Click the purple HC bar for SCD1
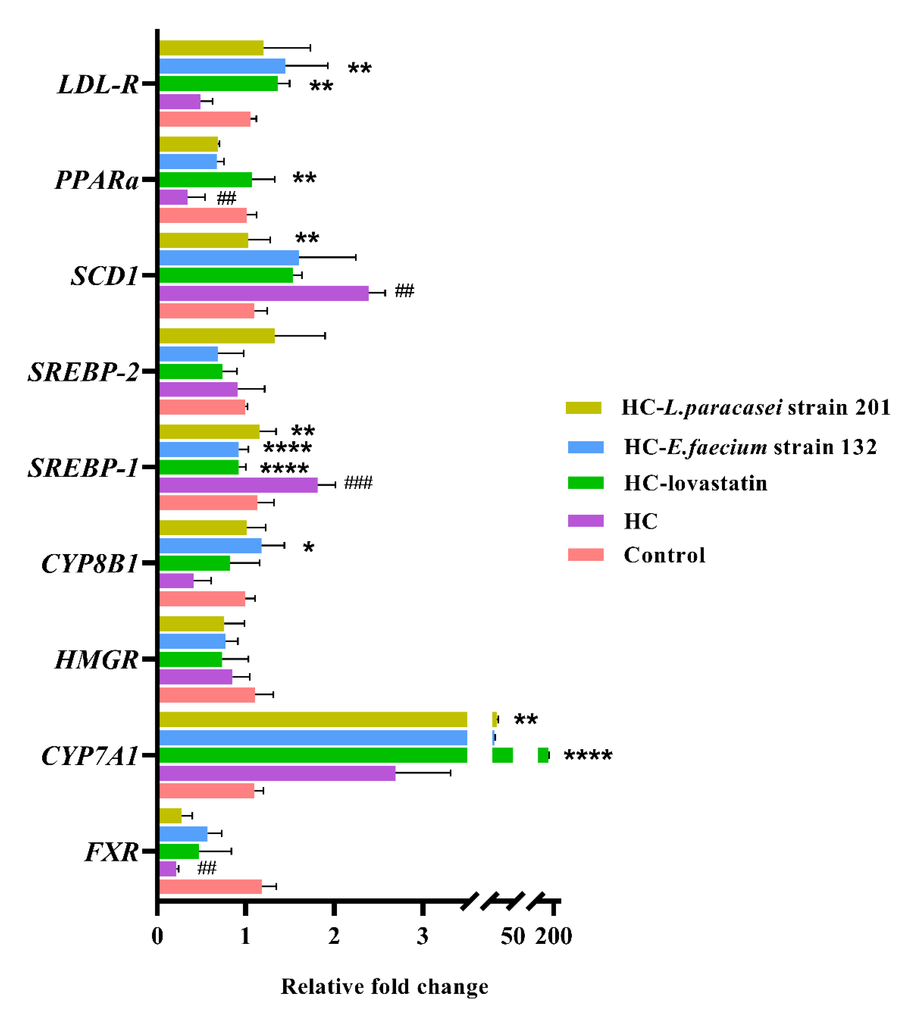click(x=263, y=293)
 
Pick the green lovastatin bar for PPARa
click(x=205, y=179)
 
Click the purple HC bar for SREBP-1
click(x=238, y=485)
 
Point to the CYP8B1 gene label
click(x=89, y=564)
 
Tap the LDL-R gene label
click(x=98, y=84)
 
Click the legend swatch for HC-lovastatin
click(x=586, y=483)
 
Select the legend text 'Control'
click(x=664, y=555)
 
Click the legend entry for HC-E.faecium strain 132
click(x=750, y=447)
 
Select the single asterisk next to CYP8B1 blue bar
click(x=309, y=548)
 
